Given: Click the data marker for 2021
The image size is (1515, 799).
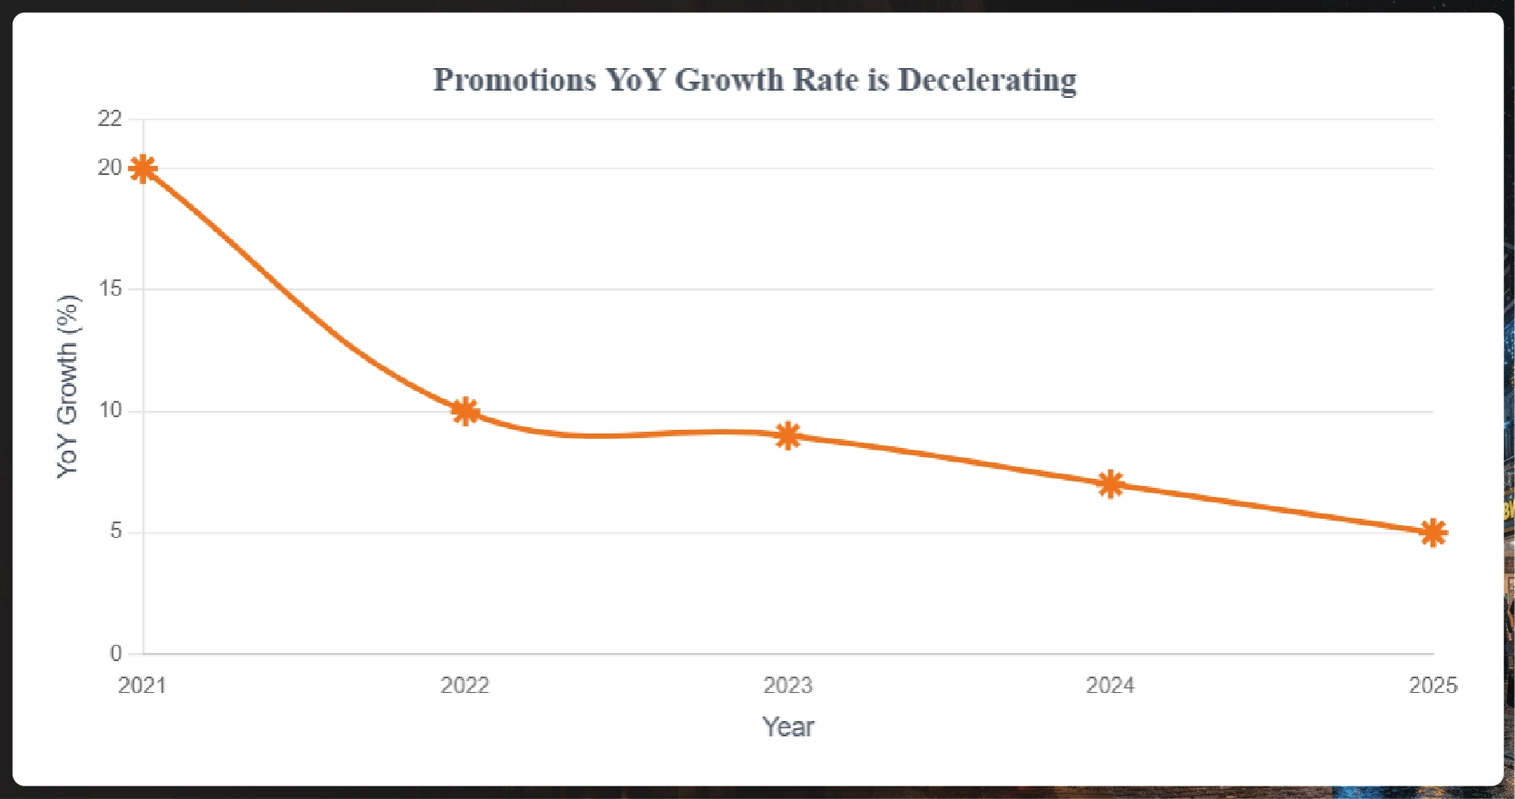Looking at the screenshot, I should click(x=142, y=169).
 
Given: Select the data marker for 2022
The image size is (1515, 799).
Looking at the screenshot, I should click(x=465, y=412).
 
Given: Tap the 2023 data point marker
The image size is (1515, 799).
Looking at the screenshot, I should click(x=788, y=436).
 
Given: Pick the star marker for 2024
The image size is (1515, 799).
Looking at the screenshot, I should click(x=1110, y=484).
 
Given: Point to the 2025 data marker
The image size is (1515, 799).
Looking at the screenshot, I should click(x=1432, y=533).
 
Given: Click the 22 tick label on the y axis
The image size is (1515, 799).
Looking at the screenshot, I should click(x=110, y=119).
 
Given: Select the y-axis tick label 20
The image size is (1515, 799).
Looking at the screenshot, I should click(x=110, y=168).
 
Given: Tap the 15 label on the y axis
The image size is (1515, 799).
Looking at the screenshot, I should click(x=111, y=289).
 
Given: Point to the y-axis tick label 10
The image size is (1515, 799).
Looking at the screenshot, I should click(x=111, y=411).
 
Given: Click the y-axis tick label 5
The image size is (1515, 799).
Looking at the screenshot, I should click(x=116, y=531).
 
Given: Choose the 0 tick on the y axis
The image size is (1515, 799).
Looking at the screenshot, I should click(x=116, y=653).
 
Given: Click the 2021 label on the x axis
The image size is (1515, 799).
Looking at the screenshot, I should click(x=142, y=686).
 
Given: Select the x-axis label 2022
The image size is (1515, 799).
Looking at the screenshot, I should click(x=465, y=686).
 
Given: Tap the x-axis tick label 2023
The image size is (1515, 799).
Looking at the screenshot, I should click(x=788, y=686).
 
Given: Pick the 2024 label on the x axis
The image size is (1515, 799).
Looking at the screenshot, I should click(x=1110, y=686).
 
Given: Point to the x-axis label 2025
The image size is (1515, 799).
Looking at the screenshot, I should click(x=1432, y=686).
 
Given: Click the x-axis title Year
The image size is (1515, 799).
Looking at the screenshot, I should click(x=788, y=727).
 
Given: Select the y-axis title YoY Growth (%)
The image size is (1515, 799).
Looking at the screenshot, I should click(x=68, y=386).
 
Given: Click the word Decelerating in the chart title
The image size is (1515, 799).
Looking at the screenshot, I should click(x=987, y=81).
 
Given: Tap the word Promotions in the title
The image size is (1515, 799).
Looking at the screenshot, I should click(x=514, y=81).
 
